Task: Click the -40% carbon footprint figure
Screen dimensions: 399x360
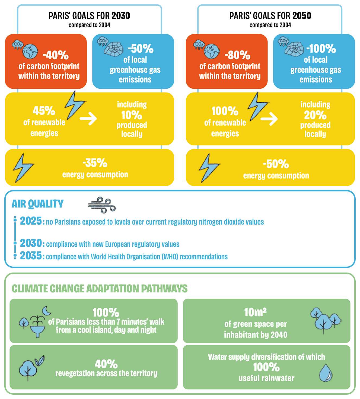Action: click(x=56, y=55)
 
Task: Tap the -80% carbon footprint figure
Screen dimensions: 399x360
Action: click(x=237, y=55)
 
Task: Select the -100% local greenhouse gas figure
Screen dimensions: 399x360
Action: click(x=321, y=49)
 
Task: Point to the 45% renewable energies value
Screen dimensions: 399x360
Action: click(x=44, y=111)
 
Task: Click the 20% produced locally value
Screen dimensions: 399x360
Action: click(x=315, y=115)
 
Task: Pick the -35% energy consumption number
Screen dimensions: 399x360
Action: click(x=95, y=163)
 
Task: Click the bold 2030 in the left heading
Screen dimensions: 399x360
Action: click(x=121, y=16)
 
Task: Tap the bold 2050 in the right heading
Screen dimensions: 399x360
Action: click(x=302, y=16)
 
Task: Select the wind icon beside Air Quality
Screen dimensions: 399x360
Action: click(x=102, y=205)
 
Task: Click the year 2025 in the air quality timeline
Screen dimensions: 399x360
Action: click(x=31, y=221)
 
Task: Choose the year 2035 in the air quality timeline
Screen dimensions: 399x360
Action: click(x=31, y=256)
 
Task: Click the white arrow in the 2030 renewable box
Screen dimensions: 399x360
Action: click(x=88, y=118)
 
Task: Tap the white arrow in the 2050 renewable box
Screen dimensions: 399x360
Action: click(x=269, y=118)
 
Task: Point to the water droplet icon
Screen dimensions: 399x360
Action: click(x=326, y=373)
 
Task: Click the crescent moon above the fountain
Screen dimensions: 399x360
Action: click(x=46, y=311)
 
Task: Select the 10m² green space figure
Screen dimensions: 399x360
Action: click(x=255, y=312)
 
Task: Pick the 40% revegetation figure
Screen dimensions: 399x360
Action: click(x=106, y=364)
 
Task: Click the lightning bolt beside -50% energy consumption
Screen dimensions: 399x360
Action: click(x=208, y=168)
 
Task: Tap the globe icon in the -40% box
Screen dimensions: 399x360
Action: click(x=30, y=52)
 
